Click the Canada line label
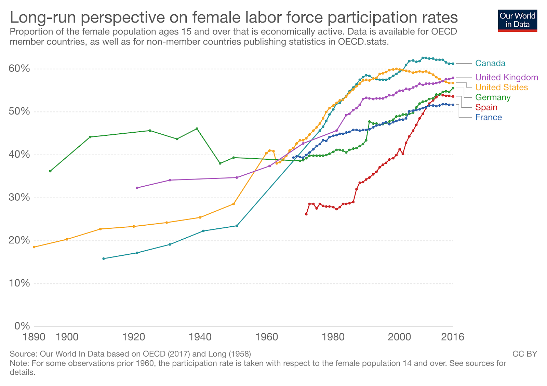click(490, 63)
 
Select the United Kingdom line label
click(507, 77)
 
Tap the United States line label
click(502, 88)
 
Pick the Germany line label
click(493, 97)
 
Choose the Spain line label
click(486, 107)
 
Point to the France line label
click(489, 117)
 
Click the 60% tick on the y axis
click(20, 69)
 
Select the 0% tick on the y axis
click(22, 326)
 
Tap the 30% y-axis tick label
click(20, 198)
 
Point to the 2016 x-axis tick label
click(453, 337)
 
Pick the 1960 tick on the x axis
click(267, 337)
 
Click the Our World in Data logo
click(518, 21)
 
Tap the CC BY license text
click(525, 354)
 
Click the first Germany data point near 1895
click(50, 171)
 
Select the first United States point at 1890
click(34, 247)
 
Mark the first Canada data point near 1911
click(104, 258)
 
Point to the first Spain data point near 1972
click(306, 214)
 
